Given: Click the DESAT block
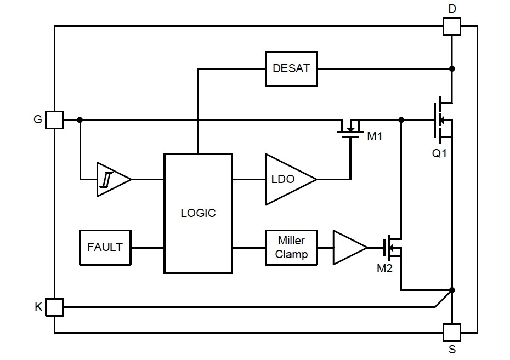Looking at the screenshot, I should [291, 69].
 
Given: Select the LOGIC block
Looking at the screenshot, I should [198, 213].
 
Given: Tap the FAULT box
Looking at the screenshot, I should [105, 247].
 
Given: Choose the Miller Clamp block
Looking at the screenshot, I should [291, 247].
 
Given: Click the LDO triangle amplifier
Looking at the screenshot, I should [288, 179].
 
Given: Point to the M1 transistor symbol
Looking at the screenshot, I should [350, 129].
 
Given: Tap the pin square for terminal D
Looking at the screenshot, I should [451, 26].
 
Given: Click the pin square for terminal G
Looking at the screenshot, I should [54, 119].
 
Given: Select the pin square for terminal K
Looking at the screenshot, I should [54, 307].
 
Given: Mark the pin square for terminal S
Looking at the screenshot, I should [451, 332].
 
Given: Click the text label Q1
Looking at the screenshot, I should [439, 153].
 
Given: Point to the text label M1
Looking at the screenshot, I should [375, 136].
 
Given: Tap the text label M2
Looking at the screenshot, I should [384, 268].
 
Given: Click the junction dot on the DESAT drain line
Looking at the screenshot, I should [451, 69].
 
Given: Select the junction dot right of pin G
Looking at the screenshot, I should [80, 119].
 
